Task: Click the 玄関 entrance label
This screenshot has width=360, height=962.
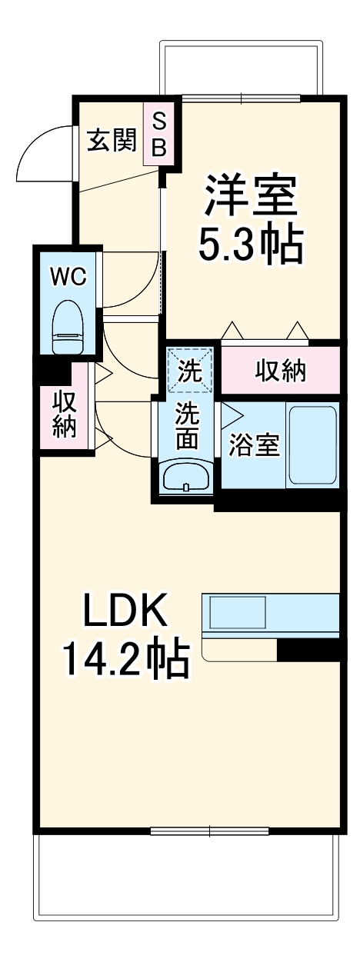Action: [112, 140]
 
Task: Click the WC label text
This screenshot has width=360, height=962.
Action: [68, 277]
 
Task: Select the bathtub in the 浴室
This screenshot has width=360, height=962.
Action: [312, 444]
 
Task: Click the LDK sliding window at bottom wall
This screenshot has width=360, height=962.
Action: [209, 831]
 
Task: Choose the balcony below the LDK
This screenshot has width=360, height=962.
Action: [185, 877]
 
